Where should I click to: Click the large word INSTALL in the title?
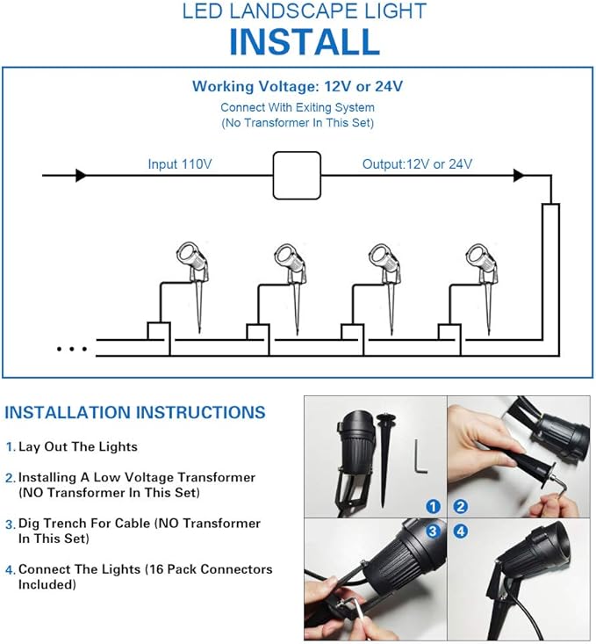(305, 42)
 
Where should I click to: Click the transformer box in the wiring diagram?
(297, 176)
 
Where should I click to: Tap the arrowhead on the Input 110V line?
(81, 176)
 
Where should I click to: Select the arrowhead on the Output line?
(519, 176)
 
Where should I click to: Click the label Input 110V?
(180, 164)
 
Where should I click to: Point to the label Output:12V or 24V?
(417, 164)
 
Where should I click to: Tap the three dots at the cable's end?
(72, 349)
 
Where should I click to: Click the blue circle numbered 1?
(433, 506)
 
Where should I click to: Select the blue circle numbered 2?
(461, 506)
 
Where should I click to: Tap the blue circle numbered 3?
(433, 532)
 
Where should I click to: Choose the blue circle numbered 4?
(461, 532)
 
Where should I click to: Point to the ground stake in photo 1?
(385, 460)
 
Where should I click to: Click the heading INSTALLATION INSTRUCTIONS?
(135, 412)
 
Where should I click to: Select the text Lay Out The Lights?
(78, 447)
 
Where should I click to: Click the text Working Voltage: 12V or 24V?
(298, 86)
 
